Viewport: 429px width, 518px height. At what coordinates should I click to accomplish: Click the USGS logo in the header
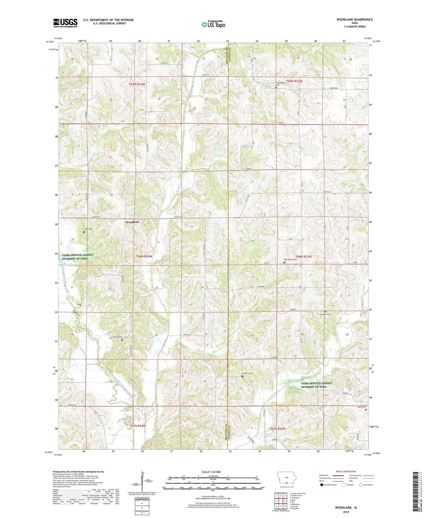pyautogui.click(x=65, y=23)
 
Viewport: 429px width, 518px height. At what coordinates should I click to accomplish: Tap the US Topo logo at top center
pyautogui.click(x=213, y=24)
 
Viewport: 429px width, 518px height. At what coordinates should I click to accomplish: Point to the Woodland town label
pyautogui.click(x=132, y=222)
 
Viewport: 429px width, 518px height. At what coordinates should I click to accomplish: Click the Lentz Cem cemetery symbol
pyautogui.click(x=84, y=232)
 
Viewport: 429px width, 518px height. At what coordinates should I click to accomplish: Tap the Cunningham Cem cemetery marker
pyautogui.click(x=276, y=88)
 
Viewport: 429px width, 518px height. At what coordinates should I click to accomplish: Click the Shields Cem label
pyautogui.click(x=118, y=337)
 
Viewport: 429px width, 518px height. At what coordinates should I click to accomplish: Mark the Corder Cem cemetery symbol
pyautogui.click(x=242, y=376)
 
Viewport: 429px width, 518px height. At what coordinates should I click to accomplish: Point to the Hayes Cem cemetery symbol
pyautogui.click(x=366, y=410)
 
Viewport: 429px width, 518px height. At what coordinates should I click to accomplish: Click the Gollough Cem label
pyautogui.click(x=324, y=314)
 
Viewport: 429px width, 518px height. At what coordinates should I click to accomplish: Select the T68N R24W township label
pyautogui.click(x=144, y=256)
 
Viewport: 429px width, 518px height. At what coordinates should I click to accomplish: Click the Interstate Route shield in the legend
pyautogui.click(x=322, y=485)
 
